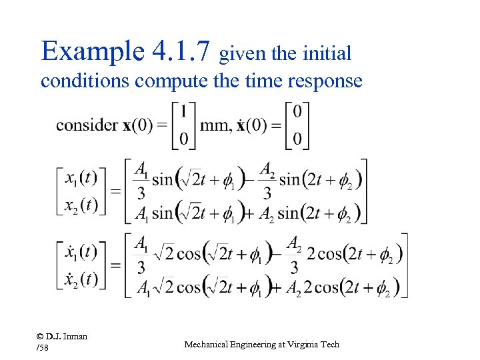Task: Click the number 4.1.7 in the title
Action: (x=181, y=51)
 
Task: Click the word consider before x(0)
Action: (x=87, y=125)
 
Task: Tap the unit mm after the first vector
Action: (x=214, y=125)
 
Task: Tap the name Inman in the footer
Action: (x=76, y=337)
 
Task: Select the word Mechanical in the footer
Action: (x=207, y=345)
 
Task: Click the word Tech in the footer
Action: (x=331, y=345)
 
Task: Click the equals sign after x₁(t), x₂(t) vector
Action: (x=115, y=191)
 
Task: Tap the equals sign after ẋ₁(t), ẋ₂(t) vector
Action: (x=115, y=265)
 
